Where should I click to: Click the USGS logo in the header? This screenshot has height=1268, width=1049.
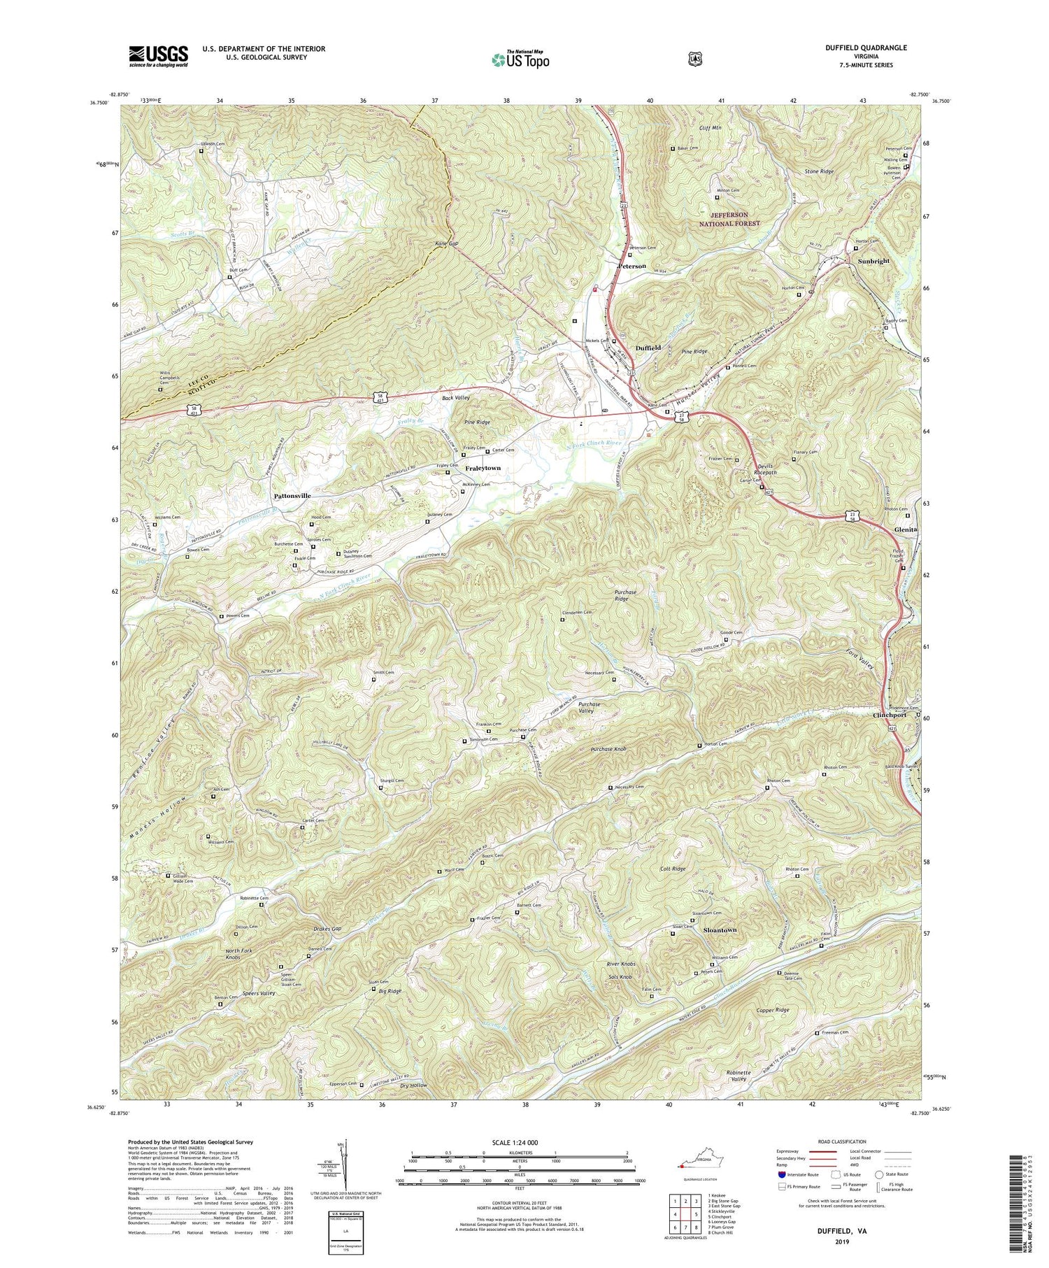159,56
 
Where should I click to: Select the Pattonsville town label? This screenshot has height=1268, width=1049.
292,495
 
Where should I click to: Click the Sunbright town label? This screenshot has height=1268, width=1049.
873,261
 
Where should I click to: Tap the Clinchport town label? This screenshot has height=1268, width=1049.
890,715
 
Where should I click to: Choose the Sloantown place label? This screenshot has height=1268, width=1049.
720,930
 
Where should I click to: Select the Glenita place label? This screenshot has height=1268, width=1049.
907,530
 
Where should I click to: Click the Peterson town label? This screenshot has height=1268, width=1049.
631,266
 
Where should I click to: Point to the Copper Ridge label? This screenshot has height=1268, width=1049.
773,1010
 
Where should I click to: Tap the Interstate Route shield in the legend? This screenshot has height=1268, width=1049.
782,1174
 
